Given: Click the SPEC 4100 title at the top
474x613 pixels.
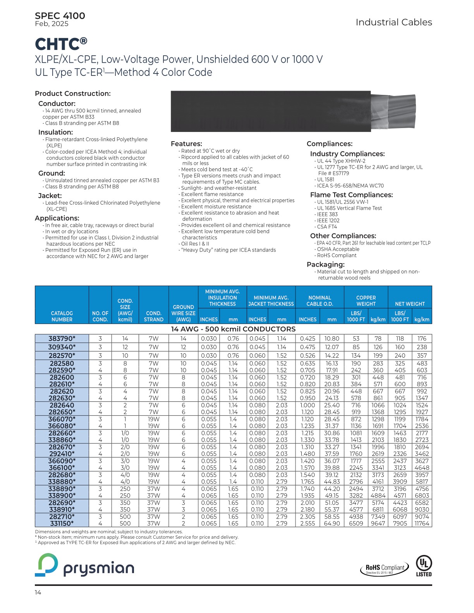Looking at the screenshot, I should point(60,16).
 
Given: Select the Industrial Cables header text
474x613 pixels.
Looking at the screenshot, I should point(393,22).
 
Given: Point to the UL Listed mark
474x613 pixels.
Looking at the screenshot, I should point(424,566).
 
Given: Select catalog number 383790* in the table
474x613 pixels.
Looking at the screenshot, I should point(62,339).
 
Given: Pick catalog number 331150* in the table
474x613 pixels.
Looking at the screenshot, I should point(62,523).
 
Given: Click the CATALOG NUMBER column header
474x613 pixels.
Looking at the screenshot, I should point(62,316).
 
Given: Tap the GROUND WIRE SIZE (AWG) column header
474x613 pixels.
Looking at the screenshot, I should point(184,313).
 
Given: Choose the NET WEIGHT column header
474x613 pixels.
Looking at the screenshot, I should point(410,304).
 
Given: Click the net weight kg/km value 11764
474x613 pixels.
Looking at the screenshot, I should point(422,523).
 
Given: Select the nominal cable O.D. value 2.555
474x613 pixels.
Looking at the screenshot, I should point(307,523).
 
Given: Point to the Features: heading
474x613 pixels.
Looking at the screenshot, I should point(186,144).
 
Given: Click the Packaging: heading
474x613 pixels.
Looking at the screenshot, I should point(325,264).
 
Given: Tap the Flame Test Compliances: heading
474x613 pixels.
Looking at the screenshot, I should point(351,195).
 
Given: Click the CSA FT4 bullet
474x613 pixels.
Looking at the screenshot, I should point(327,227).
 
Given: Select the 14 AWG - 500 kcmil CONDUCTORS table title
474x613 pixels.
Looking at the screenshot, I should point(233,329).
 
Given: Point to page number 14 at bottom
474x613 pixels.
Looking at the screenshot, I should point(38,592).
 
